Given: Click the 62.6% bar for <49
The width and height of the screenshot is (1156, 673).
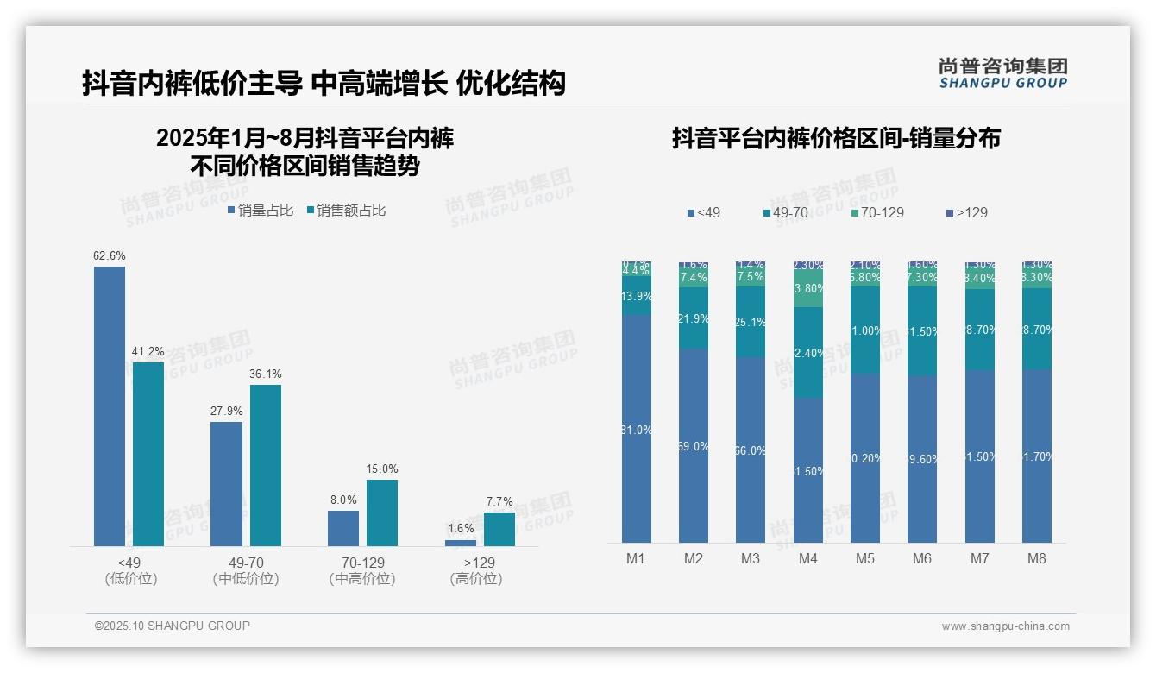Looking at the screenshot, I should coord(110,406).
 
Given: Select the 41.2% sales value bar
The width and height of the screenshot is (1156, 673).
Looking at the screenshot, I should coord(148,454).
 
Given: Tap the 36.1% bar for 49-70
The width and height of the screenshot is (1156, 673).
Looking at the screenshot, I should coord(266,465).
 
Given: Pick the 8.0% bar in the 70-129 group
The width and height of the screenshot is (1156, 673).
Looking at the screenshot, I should coord(343,528).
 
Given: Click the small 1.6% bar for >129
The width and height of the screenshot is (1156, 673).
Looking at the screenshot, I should coord(461,543).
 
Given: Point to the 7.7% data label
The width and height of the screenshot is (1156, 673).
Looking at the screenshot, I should coord(499,501).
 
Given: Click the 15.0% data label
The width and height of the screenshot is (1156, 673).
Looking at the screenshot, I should coord(382,469).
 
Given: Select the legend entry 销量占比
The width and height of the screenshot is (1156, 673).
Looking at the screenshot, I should coord(260,211).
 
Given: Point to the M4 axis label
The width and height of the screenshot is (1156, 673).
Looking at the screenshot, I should coord(807,558).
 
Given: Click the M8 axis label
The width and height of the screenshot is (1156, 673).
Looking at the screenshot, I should coord(1037,558).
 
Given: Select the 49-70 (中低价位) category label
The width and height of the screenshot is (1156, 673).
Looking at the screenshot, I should coord(246,570).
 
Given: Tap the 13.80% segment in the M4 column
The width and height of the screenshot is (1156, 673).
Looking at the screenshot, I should coord(808,289).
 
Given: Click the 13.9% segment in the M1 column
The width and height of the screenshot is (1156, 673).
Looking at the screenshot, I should coord(636,296).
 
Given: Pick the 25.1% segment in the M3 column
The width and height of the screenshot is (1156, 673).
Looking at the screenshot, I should coord(751,322).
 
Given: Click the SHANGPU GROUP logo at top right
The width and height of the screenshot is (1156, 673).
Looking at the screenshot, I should coord(1003,73).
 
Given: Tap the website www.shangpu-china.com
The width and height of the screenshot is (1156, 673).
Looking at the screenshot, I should coord(1005,626).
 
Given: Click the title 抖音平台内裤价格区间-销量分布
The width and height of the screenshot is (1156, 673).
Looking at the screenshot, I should coord(836,138).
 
